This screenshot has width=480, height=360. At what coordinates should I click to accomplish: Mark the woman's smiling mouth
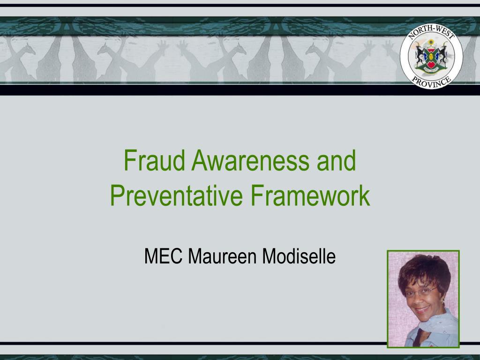coord(422,310)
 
